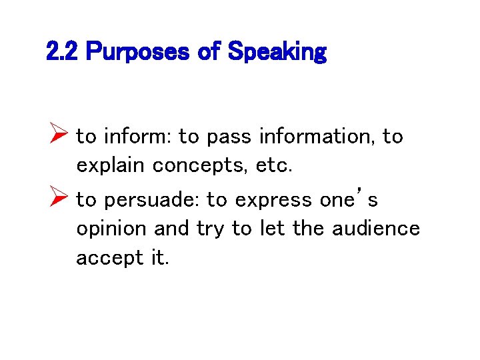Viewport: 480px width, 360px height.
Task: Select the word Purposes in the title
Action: coord(137,52)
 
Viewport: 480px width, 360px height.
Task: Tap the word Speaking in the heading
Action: coord(277,52)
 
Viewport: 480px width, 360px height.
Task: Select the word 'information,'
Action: coord(317,137)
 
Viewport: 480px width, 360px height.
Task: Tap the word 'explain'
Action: coord(111,165)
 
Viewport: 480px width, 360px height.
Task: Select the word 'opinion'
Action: coord(111,229)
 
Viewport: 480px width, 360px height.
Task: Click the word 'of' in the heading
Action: coord(209,52)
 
